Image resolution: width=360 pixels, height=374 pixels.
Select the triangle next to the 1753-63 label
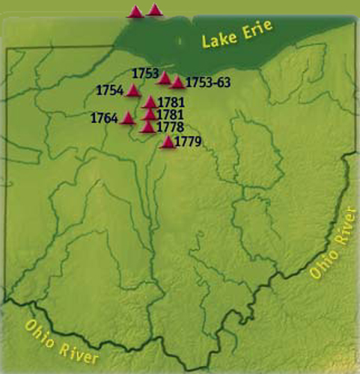click(177, 82)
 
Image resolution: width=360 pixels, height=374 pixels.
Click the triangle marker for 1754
click(133, 91)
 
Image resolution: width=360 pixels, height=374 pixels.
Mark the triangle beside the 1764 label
click(128, 117)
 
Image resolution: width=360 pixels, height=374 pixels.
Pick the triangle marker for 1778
click(148, 126)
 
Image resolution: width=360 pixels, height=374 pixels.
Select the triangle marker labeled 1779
click(168, 141)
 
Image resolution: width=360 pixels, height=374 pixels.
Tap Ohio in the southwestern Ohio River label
click(42, 329)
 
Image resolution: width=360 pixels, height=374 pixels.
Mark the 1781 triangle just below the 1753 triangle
click(150, 102)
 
